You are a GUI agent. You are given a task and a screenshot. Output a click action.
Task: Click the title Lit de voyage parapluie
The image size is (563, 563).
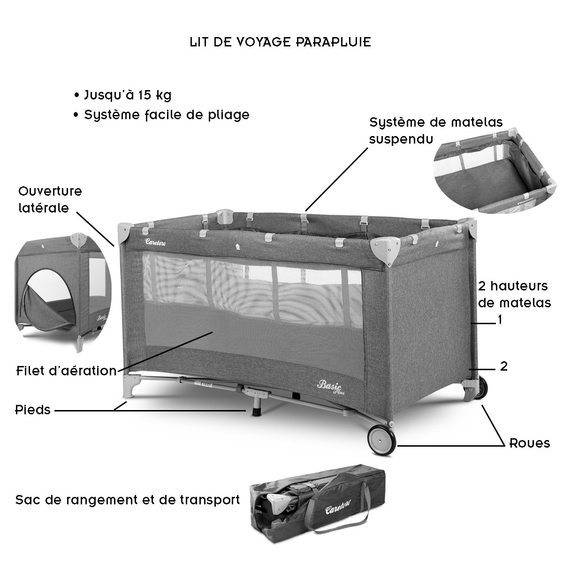click(281, 42)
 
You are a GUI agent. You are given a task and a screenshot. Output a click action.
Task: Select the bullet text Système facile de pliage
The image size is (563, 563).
click(167, 115)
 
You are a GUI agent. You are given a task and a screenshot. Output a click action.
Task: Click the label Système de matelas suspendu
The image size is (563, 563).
click(435, 130)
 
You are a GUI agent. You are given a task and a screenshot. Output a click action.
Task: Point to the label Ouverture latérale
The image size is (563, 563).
click(50, 199)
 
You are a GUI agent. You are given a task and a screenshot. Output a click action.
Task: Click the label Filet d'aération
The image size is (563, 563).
click(66, 371)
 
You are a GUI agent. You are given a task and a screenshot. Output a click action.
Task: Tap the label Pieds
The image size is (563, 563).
click(32, 410)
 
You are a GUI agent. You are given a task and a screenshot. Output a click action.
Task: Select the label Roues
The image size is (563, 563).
click(530, 443)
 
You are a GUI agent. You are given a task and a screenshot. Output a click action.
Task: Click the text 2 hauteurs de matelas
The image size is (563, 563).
click(514, 294)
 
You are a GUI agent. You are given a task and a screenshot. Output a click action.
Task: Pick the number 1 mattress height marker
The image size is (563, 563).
click(500, 320)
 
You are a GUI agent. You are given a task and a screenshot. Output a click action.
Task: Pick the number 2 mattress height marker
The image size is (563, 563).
click(503, 366)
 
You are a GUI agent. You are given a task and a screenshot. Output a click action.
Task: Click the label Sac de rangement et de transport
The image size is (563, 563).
click(128, 500)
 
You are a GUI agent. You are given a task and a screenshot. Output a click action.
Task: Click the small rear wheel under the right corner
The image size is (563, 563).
click(480, 389)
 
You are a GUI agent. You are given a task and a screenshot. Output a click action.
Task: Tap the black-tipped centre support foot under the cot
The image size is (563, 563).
click(256, 409)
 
